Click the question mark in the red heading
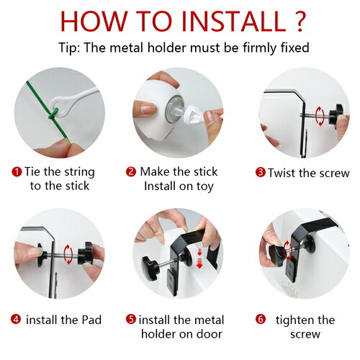[x=300, y=21]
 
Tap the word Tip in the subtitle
[x=68, y=48]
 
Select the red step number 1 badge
[x=17, y=172]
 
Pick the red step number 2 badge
[x=131, y=172]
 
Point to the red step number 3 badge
[x=261, y=172]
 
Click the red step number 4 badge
[x=16, y=320]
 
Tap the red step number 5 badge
[x=131, y=319]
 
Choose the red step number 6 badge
[x=261, y=319]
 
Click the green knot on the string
[x=53, y=114]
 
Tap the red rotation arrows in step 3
[x=320, y=116]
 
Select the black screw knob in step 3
[x=336, y=114]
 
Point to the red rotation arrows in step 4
[x=68, y=254]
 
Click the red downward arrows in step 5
[x=199, y=258]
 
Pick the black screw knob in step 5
[x=150, y=268]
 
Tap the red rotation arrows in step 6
[x=287, y=251]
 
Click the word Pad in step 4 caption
[x=91, y=320]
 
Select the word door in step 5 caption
[x=209, y=334]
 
